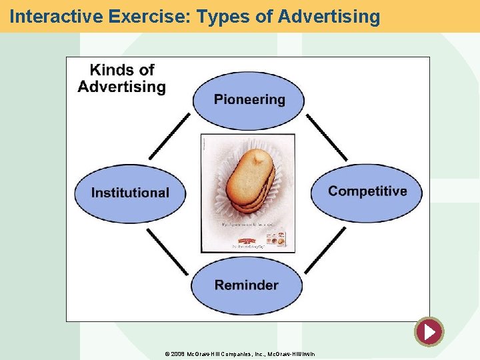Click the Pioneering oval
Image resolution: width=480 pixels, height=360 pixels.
[249, 100]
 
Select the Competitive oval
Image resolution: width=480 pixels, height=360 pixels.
[367, 192]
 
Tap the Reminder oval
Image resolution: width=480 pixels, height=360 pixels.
[247, 285]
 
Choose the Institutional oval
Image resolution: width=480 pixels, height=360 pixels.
[130, 193]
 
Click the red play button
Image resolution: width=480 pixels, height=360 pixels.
[429, 331]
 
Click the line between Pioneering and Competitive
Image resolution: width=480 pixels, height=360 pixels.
[327, 137]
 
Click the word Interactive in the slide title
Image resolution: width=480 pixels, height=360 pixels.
[50, 16]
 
